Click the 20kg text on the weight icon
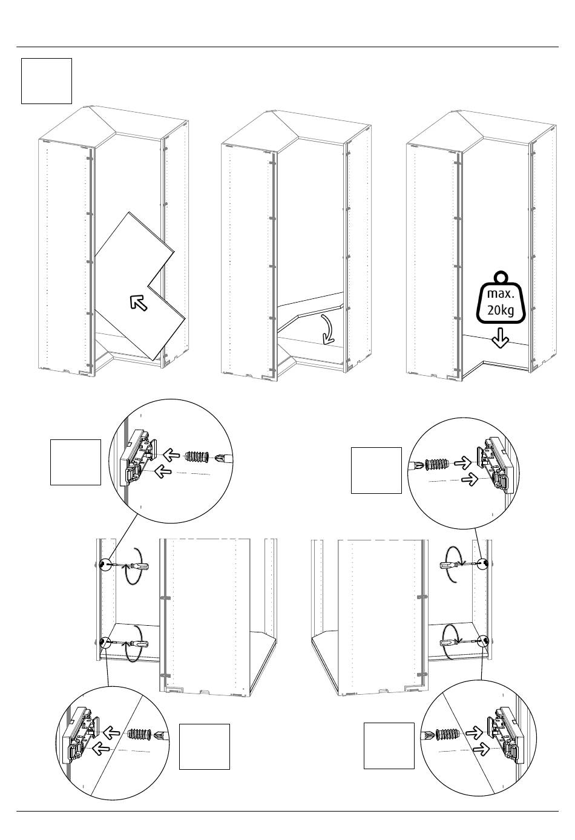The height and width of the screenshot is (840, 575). click(x=501, y=310)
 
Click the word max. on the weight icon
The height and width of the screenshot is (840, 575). click(x=501, y=294)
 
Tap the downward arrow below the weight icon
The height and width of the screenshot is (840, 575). click(x=501, y=338)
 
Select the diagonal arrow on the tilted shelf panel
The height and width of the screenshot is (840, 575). click(x=139, y=303)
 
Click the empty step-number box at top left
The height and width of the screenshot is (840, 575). click(x=47, y=81)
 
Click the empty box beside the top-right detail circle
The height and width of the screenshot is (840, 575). click(x=376, y=470)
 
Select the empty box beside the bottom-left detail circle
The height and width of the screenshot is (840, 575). click(x=205, y=747)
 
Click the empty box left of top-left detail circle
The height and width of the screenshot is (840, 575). click(x=76, y=462)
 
